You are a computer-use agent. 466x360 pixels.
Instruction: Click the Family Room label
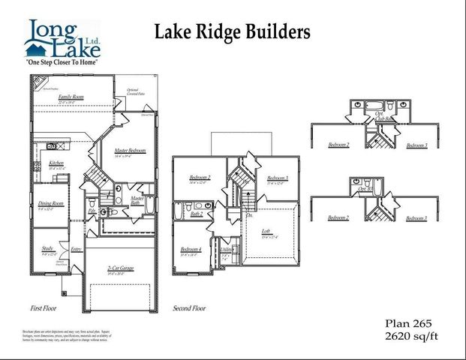coord(72,97)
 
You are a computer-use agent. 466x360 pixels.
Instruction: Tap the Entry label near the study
coord(76,249)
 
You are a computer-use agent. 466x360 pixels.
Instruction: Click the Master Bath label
coord(137,199)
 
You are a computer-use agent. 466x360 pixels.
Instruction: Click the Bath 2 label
coord(197,214)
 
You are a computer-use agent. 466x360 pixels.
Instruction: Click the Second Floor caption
coord(189,307)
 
